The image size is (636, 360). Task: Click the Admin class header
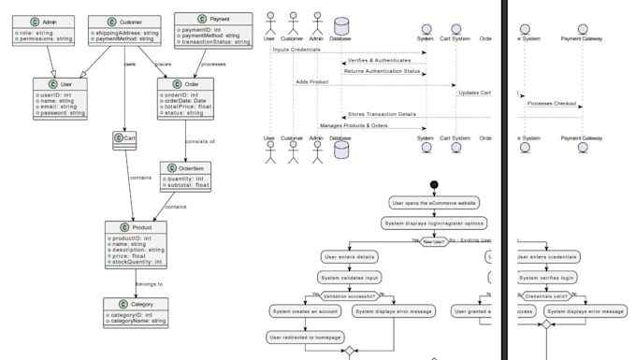pyautogui.click(x=38, y=21)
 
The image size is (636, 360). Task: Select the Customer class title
pyautogui.click(x=123, y=21)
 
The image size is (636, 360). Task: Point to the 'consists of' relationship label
pyautogui.click(x=199, y=141)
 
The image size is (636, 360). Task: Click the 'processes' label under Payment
pyautogui.click(x=213, y=64)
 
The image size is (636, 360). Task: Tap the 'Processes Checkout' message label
pyautogui.click(x=551, y=103)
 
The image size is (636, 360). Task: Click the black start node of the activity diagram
pyautogui.click(x=434, y=184)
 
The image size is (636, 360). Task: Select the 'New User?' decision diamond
pyautogui.click(x=434, y=241)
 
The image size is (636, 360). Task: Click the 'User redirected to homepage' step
pyautogui.click(x=305, y=337)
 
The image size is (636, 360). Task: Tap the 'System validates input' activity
pyautogui.click(x=349, y=277)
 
